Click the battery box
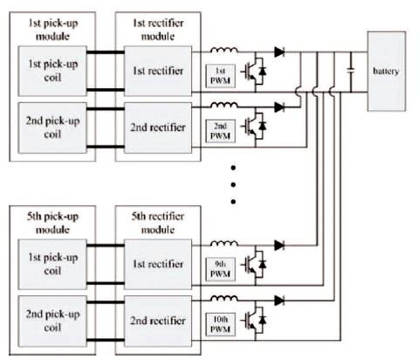[387, 72]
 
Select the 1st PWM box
[220, 76]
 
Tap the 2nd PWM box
[220, 131]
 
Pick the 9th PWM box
[220, 269]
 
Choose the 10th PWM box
[220, 324]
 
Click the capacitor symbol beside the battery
[351, 70]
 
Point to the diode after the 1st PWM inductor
[279, 52]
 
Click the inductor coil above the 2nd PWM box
[223, 105]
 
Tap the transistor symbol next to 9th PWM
[254, 265]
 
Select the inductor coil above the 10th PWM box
[223, 298]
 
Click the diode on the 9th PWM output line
[279, 246]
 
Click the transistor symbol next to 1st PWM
[254, 71]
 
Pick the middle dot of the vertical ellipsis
[233, 184]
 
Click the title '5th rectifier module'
[158, 223]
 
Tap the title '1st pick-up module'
[52, 30]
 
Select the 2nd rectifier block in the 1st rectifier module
[158, 128]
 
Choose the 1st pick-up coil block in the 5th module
[52, 265]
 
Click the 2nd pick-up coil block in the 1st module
[52, 128]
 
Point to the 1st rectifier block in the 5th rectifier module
[158, 265]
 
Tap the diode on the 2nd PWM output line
[279, 107]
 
